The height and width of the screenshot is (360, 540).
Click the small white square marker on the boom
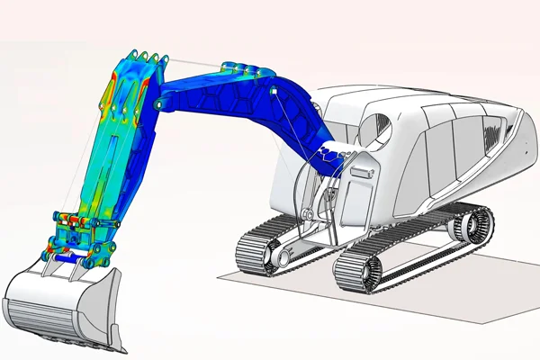tap(267, 92)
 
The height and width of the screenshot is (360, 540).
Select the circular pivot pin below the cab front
tap(307, 216)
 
